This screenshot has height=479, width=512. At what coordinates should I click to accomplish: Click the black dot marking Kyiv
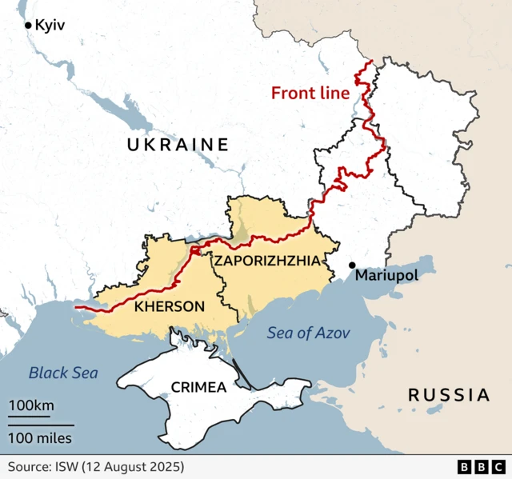click(29, 26)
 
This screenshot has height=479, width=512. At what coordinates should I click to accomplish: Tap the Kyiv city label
click(50, 26)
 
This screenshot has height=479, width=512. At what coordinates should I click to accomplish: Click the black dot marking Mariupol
click(351, 265)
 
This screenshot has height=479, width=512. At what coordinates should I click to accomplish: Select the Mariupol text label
click(386, 275)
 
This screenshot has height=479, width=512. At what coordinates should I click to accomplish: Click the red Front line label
click(310, 93)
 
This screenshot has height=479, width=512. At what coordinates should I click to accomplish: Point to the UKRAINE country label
click(177, 145)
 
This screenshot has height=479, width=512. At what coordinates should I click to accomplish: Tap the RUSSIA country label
click(448, 394)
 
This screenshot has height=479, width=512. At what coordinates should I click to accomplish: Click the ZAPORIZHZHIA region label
click(266, 261)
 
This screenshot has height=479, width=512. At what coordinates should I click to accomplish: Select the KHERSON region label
click(169, 306)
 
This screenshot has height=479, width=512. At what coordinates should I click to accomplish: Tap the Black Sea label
click(63, 373)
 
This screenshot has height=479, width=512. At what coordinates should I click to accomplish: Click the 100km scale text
click(31, 406)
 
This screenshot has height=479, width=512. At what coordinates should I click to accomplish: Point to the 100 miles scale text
click(40, 437)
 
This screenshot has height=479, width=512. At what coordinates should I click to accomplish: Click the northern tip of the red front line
click(370, 61)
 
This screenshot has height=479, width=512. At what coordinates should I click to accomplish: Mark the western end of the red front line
click(74, 306)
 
